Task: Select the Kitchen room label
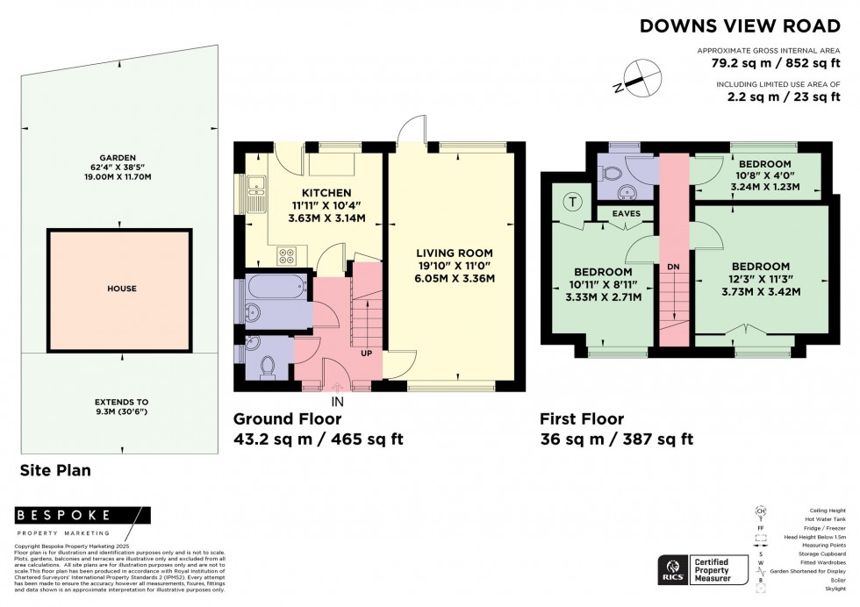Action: click(x=302, y=193)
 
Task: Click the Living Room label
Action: click(x=455, y=254)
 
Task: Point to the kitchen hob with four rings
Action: click(x=286, y=256)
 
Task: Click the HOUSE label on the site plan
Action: click(x=118, y=288)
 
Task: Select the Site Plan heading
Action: click(x=55, y=470)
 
